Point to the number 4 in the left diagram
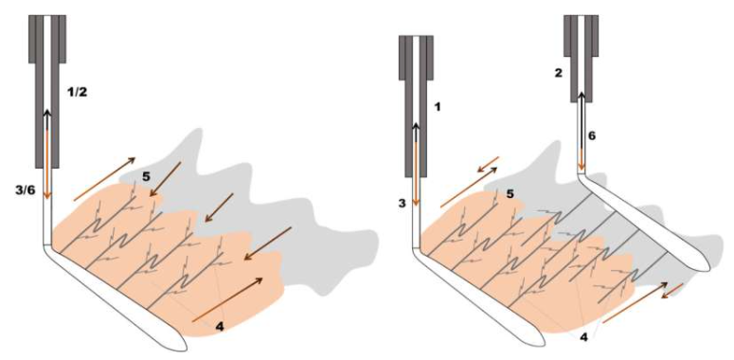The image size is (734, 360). click(x=219, y=327)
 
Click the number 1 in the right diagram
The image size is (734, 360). click(x=439, y=107)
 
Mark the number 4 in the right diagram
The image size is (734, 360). click(x=584, y=336)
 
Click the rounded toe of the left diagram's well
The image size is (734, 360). click(x=182, y=343)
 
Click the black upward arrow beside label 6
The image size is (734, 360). click(x=581, y=120)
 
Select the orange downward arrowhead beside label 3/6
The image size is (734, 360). click(x=46, y=194)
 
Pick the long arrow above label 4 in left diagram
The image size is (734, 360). click(x=227, y=299)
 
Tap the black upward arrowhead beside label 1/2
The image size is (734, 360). click(x=46, y=115)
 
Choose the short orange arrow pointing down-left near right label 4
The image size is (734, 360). click(x=671, y=291)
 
